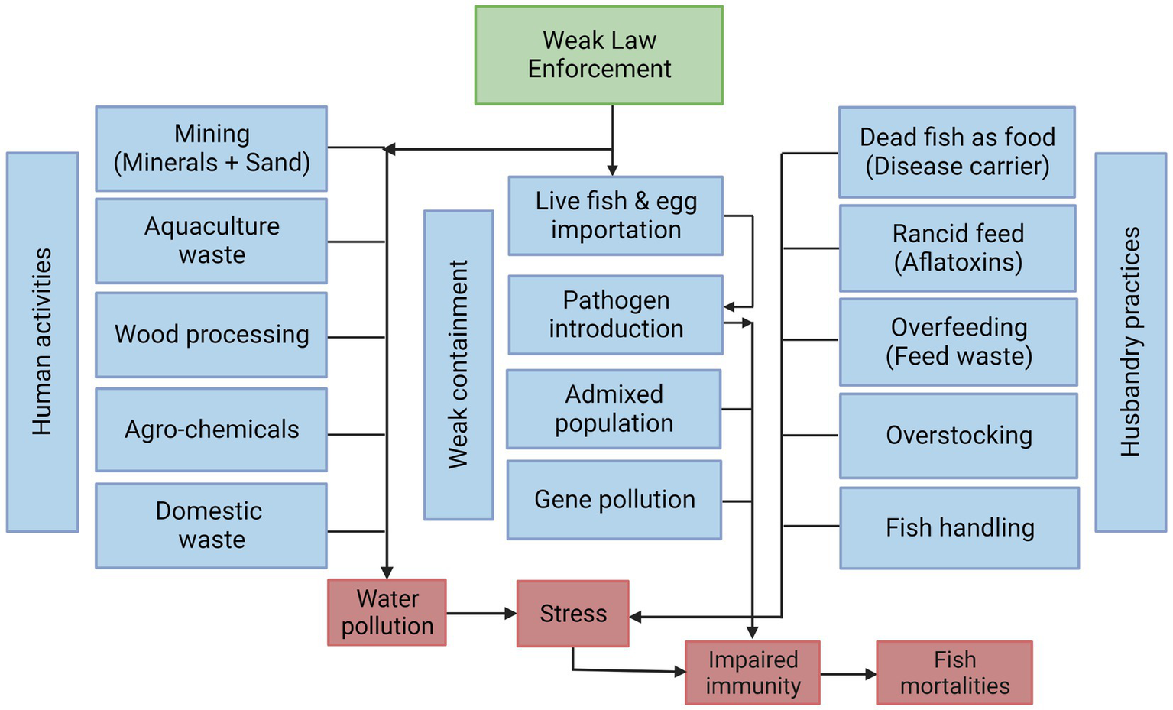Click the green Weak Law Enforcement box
(x=598, y=55)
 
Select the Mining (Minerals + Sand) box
(x=211, y=148)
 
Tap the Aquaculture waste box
(x=211, y=241)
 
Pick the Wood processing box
(x=211, y=335)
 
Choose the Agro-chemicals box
(x=211, y=430)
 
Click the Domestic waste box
(x=211, y=525)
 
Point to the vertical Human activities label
(x=42, y=342)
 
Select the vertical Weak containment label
(x=459, y=365)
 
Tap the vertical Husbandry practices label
(x=1130, y=342)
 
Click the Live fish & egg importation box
(x=615, y=216)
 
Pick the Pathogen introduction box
(x=615, y=315)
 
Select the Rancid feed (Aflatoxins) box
(x=958, y=248)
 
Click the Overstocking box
(x=958, y=436)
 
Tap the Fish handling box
(x=959, y=528)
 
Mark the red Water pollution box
(x=387, y=612)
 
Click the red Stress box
(x=572, y=614)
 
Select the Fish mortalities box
(x=954, y=673)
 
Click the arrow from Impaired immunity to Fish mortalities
(x=848, y=674)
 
